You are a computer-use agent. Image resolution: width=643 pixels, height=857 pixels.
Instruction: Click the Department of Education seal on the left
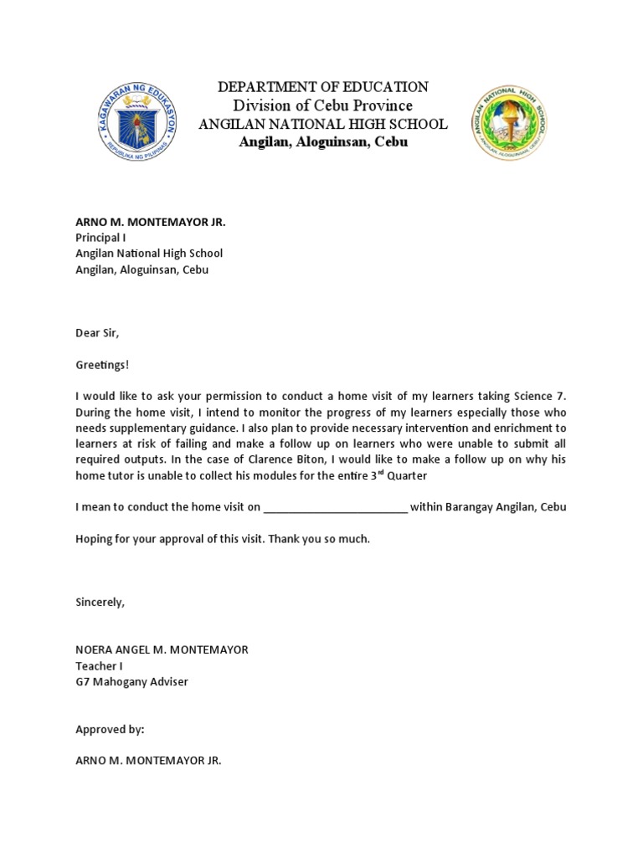(137, 123)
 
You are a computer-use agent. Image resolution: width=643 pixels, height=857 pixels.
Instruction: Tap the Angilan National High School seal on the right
(509, 123)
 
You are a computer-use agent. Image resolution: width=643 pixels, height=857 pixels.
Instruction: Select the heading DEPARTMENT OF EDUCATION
(323, 87)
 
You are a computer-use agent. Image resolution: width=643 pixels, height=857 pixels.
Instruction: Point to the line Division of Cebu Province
(323, 105)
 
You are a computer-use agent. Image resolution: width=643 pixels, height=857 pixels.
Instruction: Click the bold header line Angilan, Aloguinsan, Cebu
(323, 142)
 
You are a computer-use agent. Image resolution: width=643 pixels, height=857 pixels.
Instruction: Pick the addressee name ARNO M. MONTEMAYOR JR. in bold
(151, 222)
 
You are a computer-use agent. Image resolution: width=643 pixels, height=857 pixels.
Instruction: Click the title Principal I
(100, 238)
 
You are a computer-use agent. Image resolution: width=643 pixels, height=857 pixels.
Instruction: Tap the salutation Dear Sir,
(98, 333)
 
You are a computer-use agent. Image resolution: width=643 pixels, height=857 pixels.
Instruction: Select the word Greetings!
(103, 365)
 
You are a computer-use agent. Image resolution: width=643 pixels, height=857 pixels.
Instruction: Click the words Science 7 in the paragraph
(542, 397)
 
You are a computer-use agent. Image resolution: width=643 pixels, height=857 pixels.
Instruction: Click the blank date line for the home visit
(336, 508)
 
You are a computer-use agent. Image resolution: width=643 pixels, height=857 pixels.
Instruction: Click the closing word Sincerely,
(100, 603)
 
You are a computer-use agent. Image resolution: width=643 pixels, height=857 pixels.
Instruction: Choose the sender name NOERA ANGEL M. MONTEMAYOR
(162, 650)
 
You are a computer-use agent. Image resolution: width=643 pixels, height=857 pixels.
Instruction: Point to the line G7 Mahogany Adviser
(132, 682)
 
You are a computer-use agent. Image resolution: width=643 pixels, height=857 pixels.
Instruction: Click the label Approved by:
(110, 730)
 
